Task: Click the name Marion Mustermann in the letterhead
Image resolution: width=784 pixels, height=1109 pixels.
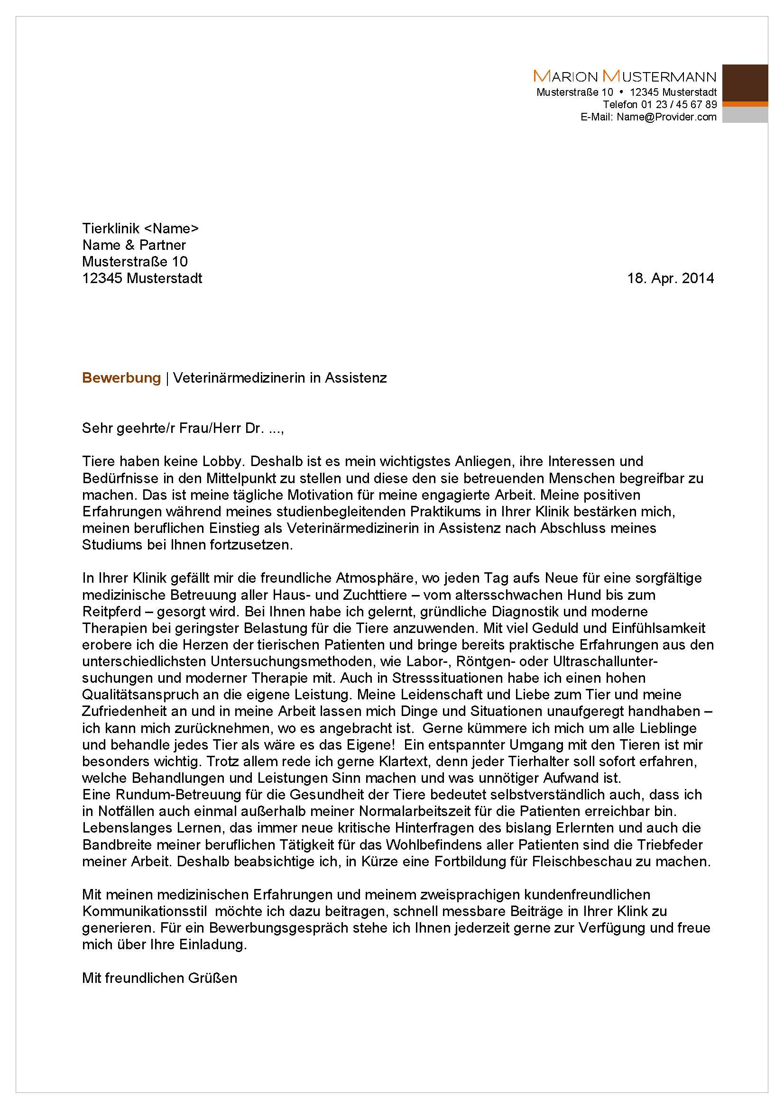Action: [x=624, y=76]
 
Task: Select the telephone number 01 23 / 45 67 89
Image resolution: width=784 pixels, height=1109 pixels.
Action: [x=679, y=104]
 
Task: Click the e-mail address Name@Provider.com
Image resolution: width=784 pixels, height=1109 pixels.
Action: [x=666, y=117]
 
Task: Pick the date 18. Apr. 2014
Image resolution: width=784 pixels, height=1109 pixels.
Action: [x=670, y=278]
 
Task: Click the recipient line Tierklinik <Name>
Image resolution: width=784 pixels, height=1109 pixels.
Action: [x=140, y=228]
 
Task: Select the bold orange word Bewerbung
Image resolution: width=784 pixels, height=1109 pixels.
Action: [x=121, y=378]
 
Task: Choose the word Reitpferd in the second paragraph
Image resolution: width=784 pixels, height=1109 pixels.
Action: [x=111, y=612]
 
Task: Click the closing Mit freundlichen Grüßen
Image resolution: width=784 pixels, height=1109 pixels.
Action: [x=159, y=978]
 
